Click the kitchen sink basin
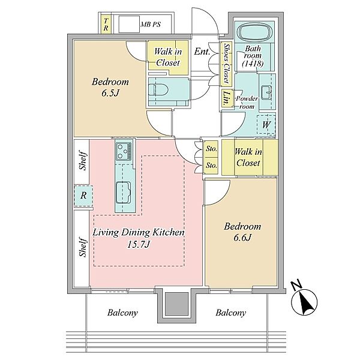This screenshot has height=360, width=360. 123,193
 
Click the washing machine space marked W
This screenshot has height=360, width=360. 266,124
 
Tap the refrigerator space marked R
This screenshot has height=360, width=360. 83,196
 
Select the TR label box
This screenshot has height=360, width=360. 106,25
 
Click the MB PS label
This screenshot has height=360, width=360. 151,25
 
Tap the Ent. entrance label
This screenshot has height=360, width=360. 202,52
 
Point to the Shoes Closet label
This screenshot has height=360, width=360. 227,63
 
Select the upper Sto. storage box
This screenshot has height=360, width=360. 211,149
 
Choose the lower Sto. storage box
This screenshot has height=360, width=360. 211,166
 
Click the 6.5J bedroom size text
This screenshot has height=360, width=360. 110,93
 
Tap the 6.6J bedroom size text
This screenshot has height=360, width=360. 242,238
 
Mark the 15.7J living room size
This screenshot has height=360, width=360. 139,245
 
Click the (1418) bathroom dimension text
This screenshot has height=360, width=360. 253,64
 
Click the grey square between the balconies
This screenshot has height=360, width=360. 176,304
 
